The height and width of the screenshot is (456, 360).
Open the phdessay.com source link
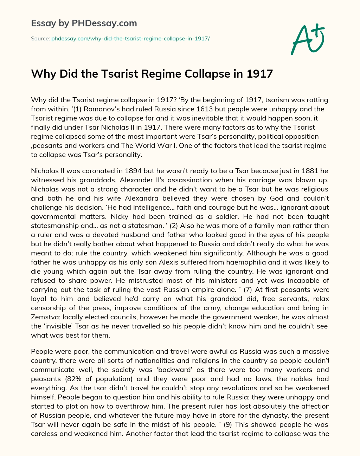click(130, 38)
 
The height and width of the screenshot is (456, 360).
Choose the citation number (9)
click(226, 425)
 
